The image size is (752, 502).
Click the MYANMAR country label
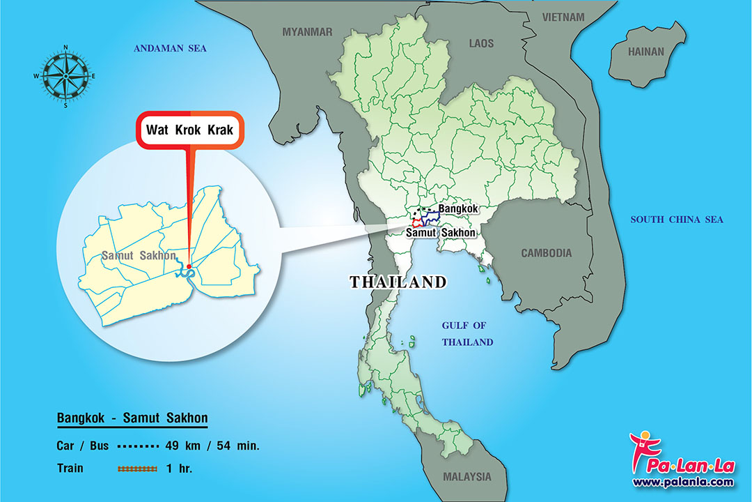[307, 31]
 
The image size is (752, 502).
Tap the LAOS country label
[481, 43]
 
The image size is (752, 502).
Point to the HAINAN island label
[646, 52]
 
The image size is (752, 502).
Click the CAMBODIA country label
[546, 253]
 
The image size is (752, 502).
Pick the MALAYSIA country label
[467, 477]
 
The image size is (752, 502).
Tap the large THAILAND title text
[398, 282]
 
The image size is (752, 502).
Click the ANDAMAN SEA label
[171, 48]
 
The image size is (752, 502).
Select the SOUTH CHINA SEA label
[677, 220]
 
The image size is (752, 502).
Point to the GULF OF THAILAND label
[467, 334]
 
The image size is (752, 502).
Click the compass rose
[65, 76]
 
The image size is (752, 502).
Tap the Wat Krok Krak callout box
[189, 130]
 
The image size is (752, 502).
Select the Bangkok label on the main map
[458, 208]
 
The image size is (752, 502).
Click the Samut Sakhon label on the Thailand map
[441, 233]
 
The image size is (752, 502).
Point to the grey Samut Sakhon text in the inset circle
[139, 255]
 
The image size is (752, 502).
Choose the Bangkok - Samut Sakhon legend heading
[132, 418]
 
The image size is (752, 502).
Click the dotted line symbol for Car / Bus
[138, 446]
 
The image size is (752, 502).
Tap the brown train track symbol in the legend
[137, 469]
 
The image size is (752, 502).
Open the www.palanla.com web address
[682, 481]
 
